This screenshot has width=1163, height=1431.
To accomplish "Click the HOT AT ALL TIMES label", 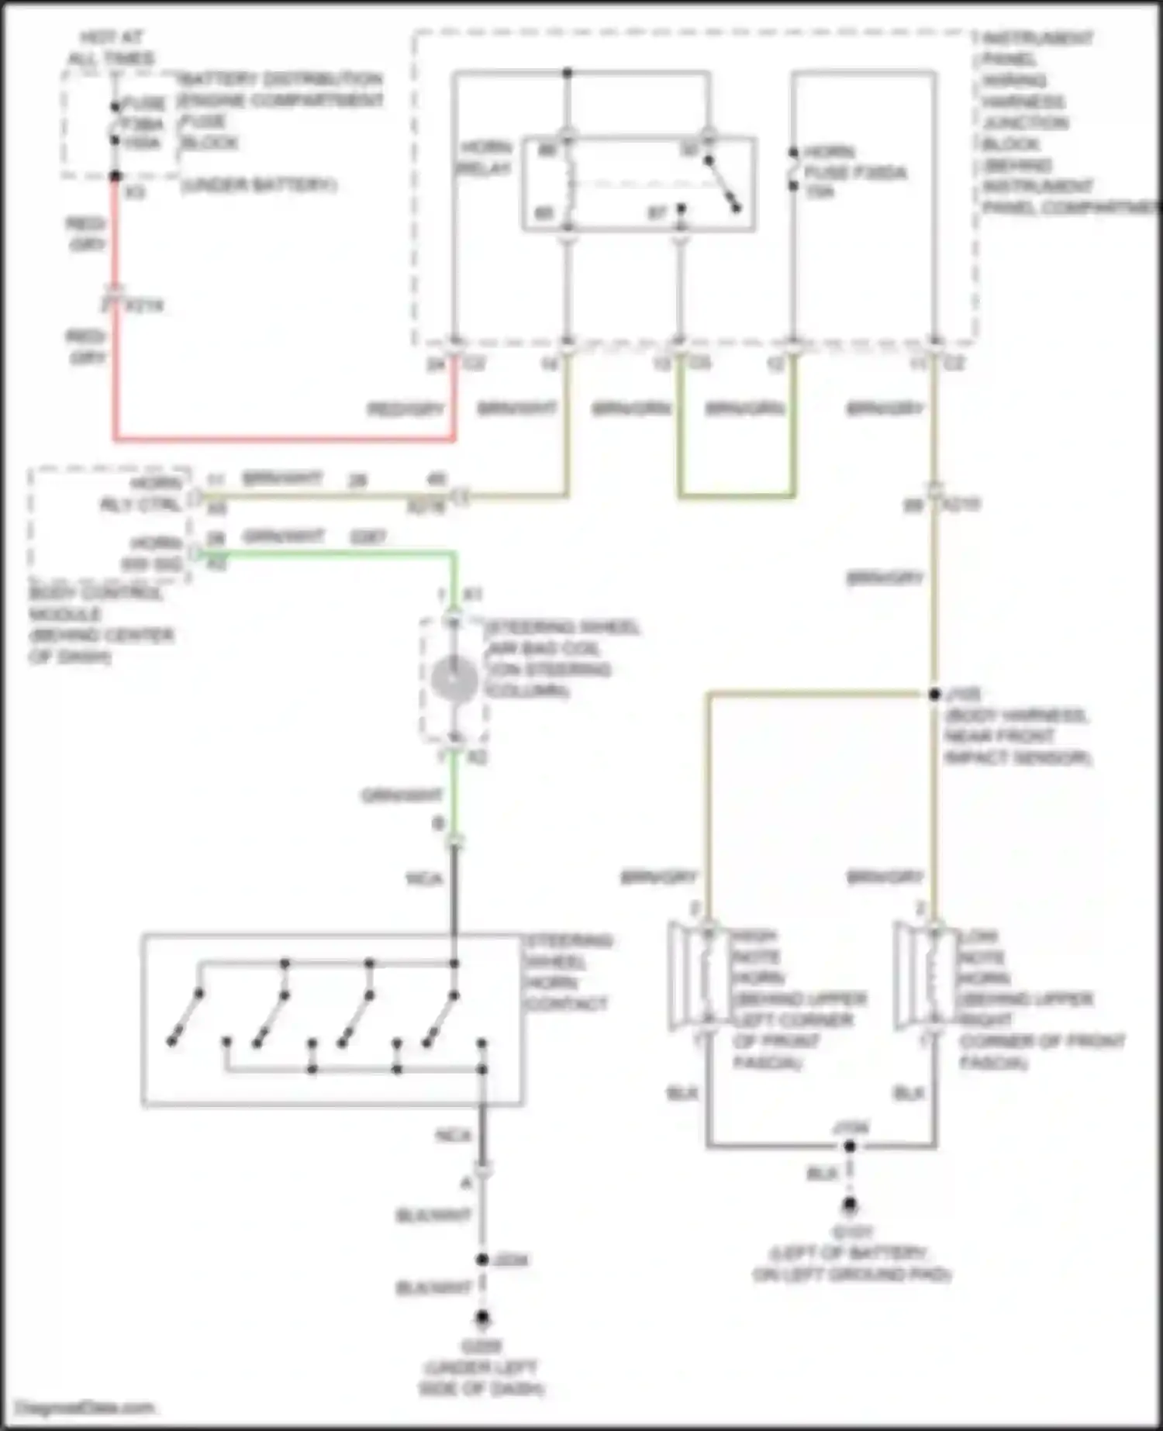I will (111, 47).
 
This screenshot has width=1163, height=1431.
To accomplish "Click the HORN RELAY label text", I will (485, 157).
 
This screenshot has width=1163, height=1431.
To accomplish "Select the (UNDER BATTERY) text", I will (258, 185).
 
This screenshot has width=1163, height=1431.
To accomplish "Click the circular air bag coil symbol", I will (454, 679).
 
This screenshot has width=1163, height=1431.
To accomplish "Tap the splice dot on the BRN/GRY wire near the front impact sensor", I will (935, 694).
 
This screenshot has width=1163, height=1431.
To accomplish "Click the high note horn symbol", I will (695, 975).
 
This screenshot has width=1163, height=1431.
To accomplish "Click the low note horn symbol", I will (921, 975).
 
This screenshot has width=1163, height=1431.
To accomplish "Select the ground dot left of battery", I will (850, 1205).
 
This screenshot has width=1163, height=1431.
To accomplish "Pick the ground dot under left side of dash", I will (482, 1317).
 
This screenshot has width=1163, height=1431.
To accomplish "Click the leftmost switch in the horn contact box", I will (185, 1017).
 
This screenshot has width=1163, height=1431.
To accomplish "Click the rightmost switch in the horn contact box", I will (440, 1019).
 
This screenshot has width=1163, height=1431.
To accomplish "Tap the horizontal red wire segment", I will (284, 440).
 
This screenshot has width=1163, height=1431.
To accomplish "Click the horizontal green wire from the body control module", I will (326, 553).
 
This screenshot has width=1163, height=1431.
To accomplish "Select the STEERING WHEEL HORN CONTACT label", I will (568, 972).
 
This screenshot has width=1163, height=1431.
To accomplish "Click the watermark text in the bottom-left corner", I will (85, 1407).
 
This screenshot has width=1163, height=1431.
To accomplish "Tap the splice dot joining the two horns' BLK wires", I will (850, 1146).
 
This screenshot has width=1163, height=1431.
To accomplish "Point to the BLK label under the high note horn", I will (682, 1093).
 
